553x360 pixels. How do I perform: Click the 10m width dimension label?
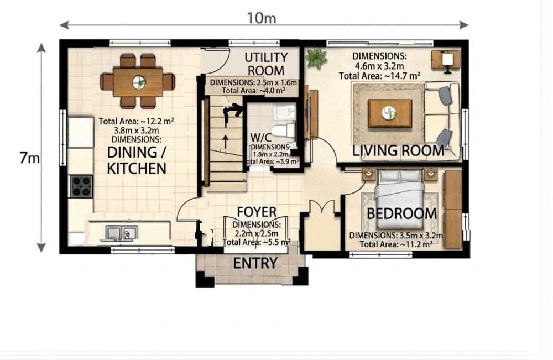click(261, 18)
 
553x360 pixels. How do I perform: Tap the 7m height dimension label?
click(30, 158)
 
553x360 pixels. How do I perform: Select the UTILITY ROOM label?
click(266, 64)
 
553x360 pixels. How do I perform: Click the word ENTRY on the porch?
click(255, 263)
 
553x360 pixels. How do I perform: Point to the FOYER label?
click(257, 212)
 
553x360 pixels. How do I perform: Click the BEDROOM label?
click(401, 213)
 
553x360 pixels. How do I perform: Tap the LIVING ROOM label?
click(398, 150)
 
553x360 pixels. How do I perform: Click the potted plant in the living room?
click(316, 58)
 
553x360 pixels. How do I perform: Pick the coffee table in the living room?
click(390, 113)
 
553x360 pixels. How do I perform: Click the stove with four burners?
click(81, 186)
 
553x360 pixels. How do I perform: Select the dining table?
click(138, 82)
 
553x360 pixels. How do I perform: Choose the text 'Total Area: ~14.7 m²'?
click(379, 76)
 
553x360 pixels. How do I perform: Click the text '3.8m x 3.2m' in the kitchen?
click(136, 130)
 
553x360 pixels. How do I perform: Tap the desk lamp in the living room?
click(447, 62)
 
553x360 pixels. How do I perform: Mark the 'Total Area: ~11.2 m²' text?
click(396, 244)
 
